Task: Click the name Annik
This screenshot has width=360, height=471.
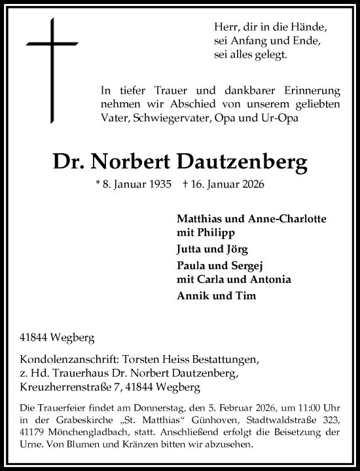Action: [x=192, y=296]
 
